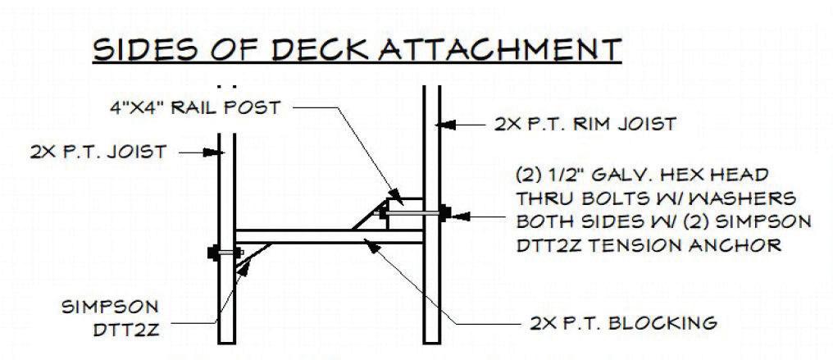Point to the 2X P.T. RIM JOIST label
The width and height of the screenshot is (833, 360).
pos(585,125)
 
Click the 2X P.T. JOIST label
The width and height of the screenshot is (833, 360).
pos(98,152)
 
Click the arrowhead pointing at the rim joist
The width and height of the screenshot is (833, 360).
pos(444,125)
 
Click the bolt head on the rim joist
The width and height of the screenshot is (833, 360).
pos(444,213)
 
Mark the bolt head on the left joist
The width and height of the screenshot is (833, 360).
pos(215,251)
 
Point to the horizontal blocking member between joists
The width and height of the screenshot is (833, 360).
pos(328,238)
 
